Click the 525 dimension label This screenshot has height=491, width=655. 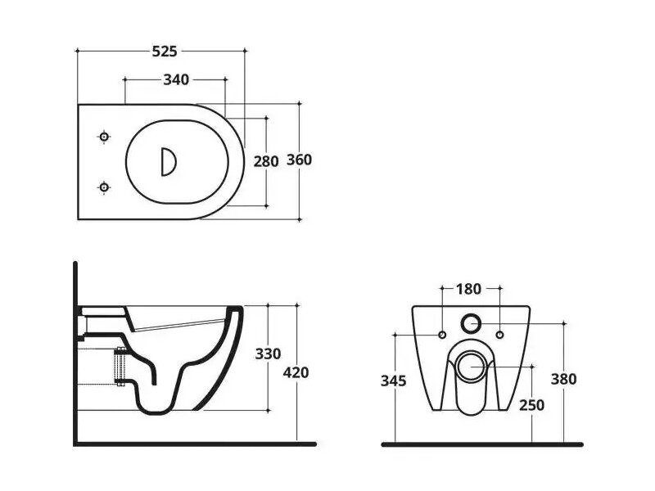pos(165,52)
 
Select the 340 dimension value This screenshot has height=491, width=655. pos(176,79)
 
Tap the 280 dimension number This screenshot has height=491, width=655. pos(266,161)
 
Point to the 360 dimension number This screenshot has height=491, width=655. pos(299,160)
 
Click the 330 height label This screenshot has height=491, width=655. pos(268,354)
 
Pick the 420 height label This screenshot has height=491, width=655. pos(296,372)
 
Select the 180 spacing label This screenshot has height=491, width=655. pos(468,289)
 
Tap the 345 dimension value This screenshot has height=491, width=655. pos(394,381)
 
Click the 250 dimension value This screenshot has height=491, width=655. pos(531,405)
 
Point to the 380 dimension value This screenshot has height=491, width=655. pos(563,379)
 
